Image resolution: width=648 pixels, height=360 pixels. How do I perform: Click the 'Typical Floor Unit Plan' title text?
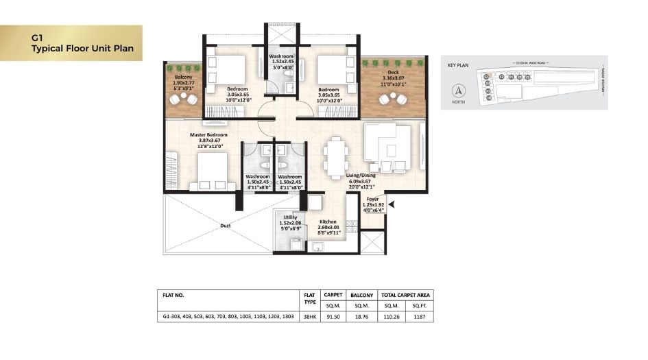point(82,49)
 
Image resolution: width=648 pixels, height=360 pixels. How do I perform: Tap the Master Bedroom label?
point(208,135)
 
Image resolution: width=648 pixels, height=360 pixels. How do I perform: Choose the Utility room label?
point(288,217)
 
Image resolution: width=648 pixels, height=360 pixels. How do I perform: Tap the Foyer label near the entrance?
point(372,199)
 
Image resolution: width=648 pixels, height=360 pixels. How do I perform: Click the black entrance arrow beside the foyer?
point(391,203)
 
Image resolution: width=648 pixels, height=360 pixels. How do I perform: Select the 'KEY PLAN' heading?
point(457,67)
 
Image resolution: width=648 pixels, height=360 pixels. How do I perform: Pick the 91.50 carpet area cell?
point(333,317)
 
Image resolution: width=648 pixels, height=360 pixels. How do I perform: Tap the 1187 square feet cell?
point(418,317)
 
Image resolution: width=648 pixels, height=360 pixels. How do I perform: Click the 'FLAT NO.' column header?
point(174,295)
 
